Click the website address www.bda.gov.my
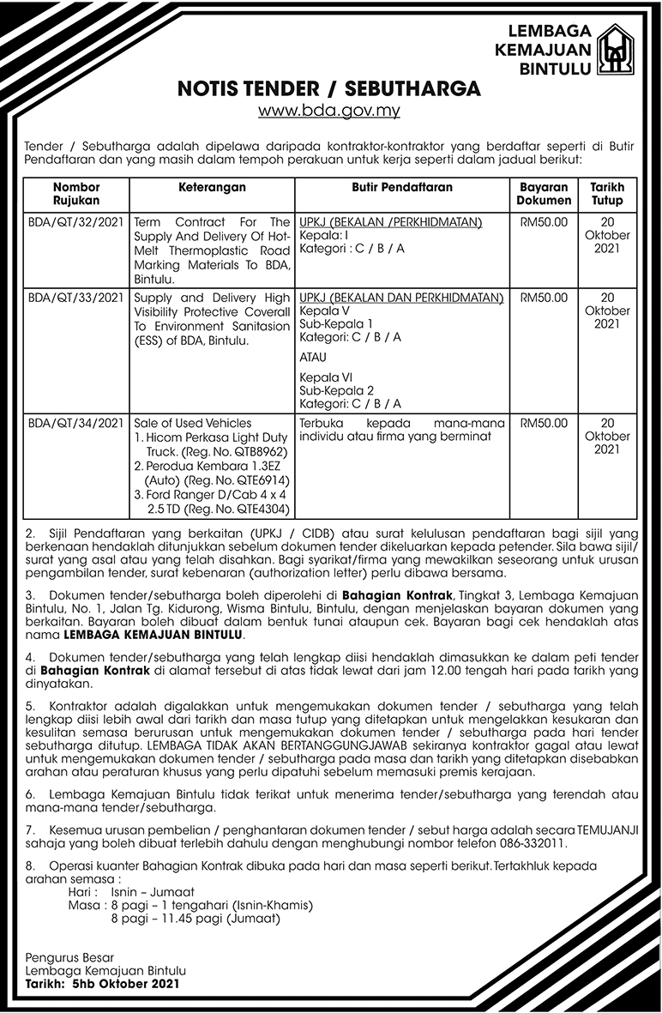coord(329,110)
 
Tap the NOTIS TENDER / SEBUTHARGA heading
coord(329,89)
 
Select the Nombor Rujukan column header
coord(76,193)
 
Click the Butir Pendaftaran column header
coord(402,187)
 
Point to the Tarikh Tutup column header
coord(607,193)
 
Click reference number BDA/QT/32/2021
coord(76,222)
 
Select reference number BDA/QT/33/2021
coord(76,298)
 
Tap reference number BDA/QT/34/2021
coord(76,423)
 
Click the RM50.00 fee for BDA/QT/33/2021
coord(544,298)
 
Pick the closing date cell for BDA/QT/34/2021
coord(607,436)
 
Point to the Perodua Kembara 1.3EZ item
coord(215,464)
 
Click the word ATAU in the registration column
coord(313,357)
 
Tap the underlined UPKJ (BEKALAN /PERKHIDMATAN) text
coord(391,222)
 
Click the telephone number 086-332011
coord(532,843)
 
